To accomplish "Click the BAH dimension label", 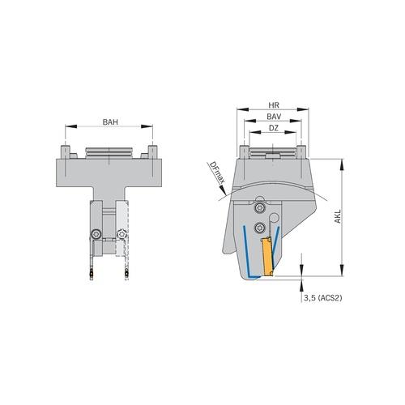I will tap(109, 122).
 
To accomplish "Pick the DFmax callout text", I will tap(215, 172).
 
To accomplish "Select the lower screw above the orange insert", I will tap(260, 227).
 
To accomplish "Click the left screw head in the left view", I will tap(96, 234).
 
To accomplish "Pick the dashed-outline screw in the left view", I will tap(122, 234).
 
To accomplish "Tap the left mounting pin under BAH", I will tap(65, 151).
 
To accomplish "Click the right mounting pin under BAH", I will tap(152, 151).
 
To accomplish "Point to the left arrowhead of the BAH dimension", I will tap(67, 127).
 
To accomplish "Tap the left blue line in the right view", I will tap(245, 251).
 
